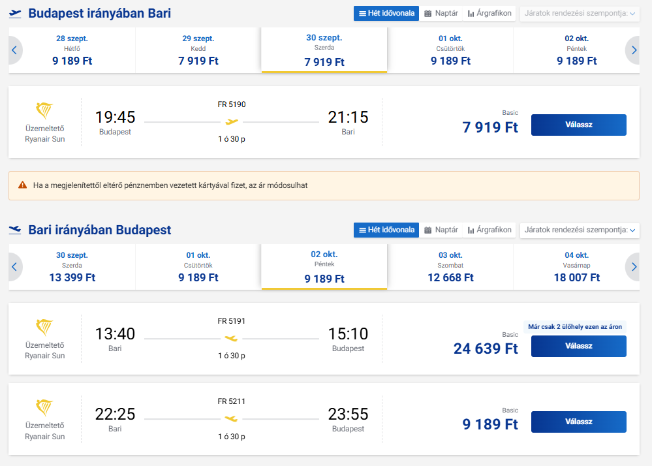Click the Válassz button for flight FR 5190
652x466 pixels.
pyautogui.click(x=578, y=125)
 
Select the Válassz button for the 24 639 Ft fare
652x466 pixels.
pyautogui.click(x=578, y=346)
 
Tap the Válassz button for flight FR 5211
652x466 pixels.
pyautogui.click(x=578, y=422)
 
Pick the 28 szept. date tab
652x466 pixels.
pyautogui.click(x=72, y=50)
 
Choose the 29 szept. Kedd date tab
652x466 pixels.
pyautogui.click(x=198, y=50)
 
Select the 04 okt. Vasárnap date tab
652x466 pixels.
pyautogui.click(x=576, y=267)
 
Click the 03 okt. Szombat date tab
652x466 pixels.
pyautogui.click(x=450, y=267)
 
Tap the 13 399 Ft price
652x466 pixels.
pyautogui.click(x=72, y=277)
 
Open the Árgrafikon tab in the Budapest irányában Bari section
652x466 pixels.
pyautogui.click(x=489, y=13)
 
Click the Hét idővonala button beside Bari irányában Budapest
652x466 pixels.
pyautogui.click(x=386, y=230)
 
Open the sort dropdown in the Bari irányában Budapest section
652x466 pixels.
pyautogui.click(x=580, y=230)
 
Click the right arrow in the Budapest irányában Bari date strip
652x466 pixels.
pyautogui.click(x=633, y=50)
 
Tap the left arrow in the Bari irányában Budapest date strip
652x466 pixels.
pyautogui.click(x=15, y=267)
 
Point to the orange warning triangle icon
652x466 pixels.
pyautogui.click(x=22, y=185)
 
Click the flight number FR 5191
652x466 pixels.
pyautogui.click(x=232, y=321)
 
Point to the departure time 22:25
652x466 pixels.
pyautogui.click(x=115, y=414)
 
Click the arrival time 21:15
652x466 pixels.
pyautogui.click(x=348, y=117)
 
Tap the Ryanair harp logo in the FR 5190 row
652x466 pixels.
pyautogui.click(x=44, y=110)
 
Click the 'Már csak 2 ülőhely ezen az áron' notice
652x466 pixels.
pyautogui.click(x=575, y=327)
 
